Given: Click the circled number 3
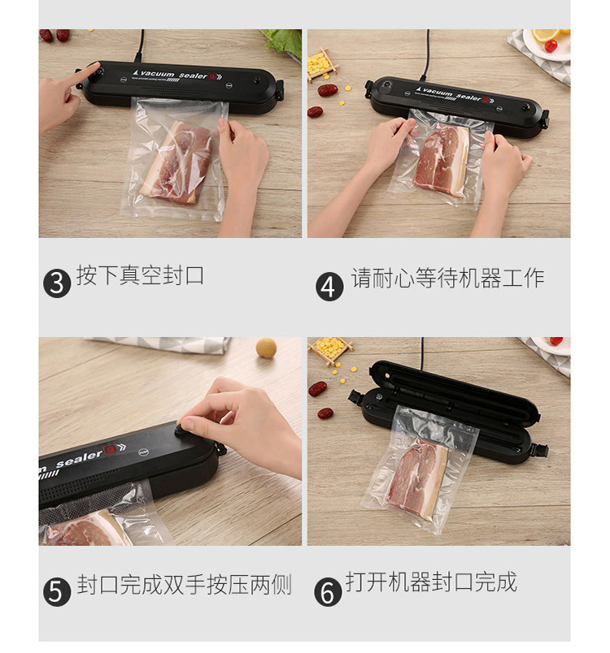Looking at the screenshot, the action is coord(57,283).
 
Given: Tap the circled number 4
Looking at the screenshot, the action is coord(329,287).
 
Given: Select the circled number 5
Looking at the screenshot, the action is coord(57,591).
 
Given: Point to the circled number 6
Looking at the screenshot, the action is coord(328,591).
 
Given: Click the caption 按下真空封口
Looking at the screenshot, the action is coord(140,275).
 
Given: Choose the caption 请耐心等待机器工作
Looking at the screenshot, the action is coord(447,278).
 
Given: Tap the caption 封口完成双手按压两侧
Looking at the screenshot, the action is coord(184,584).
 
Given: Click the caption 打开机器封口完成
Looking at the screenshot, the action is coord(431,582).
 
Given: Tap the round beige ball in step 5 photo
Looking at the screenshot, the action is coord(267,348).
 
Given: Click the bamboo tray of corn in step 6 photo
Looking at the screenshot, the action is coord(330,350).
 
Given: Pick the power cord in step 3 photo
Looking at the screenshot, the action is coord(140,46).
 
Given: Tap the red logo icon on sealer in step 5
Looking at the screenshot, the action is coord(110,450).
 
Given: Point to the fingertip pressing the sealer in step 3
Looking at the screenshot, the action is coord(96,67).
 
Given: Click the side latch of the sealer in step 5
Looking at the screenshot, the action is coord(220,450).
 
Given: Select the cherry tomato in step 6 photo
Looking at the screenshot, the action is coord(556,341).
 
